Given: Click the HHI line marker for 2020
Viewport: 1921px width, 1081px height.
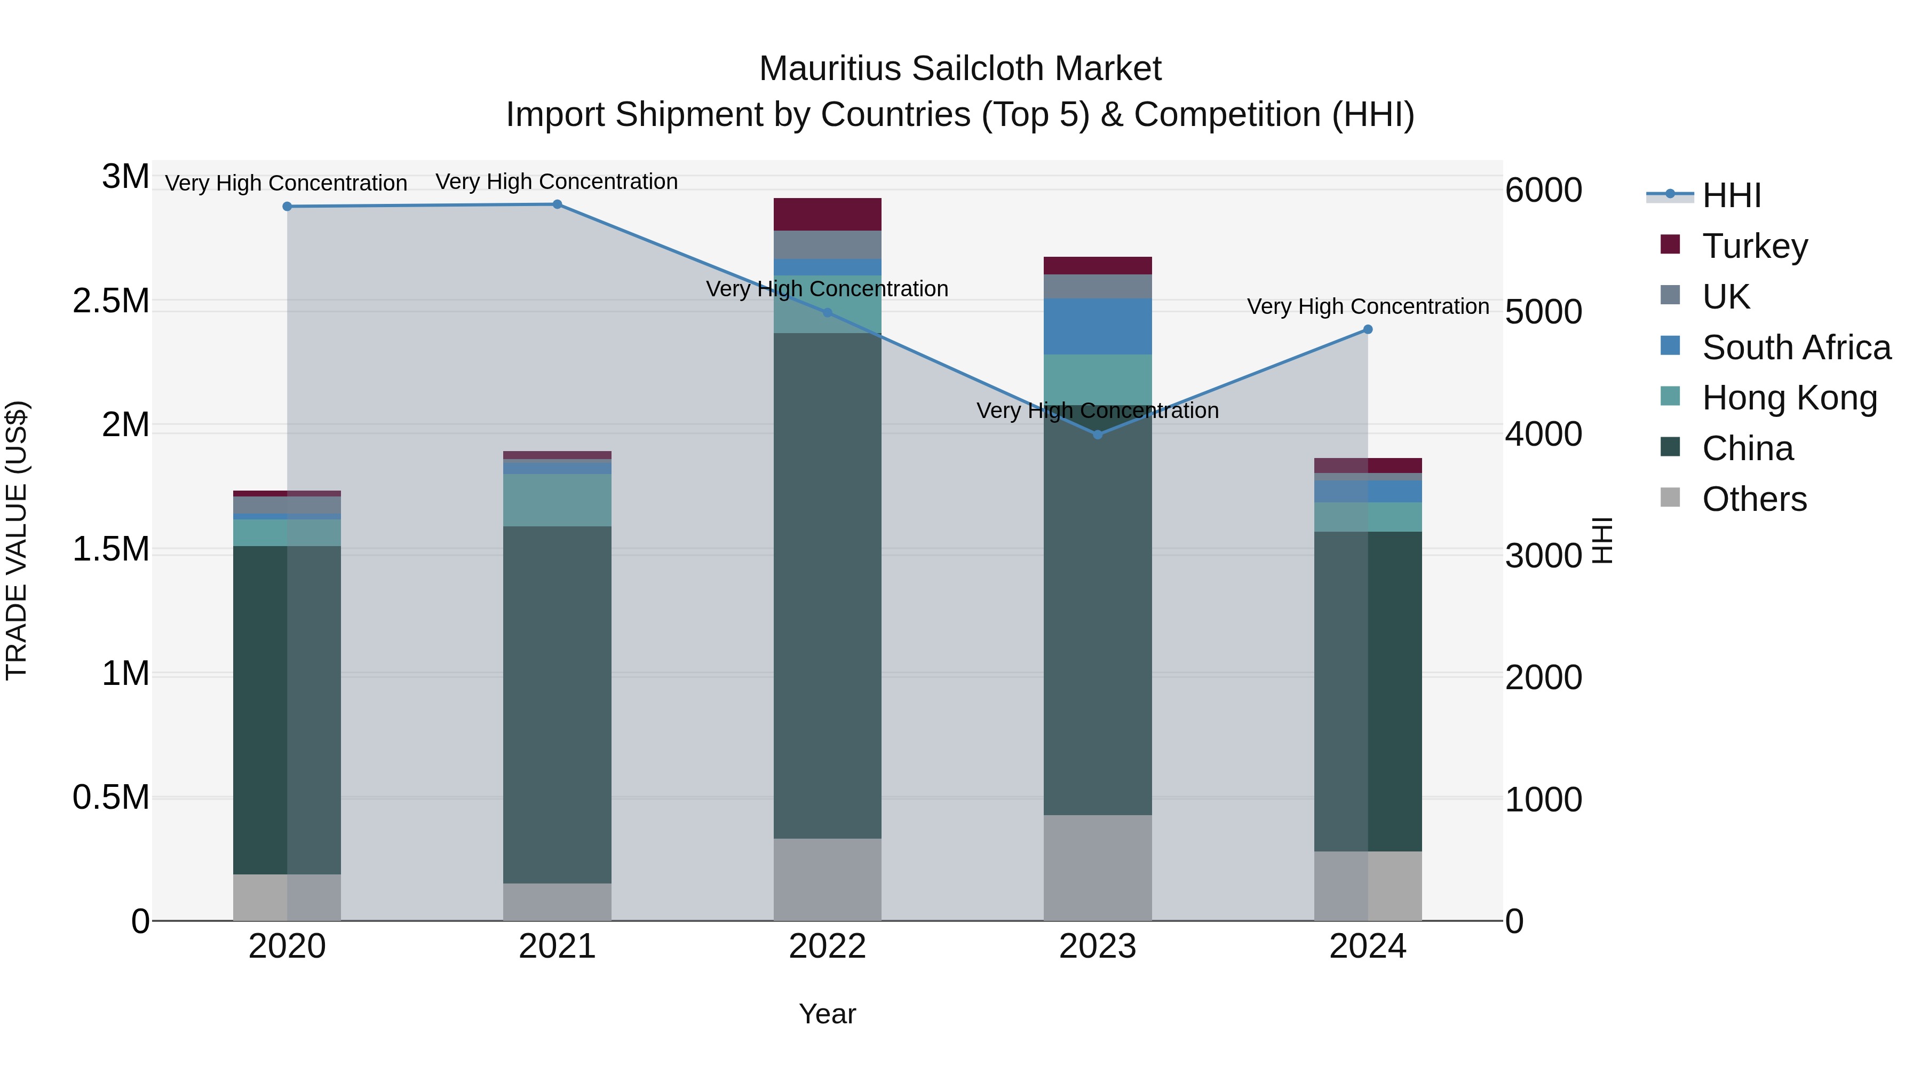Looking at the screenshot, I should pyautogui.click(x=287, y=207).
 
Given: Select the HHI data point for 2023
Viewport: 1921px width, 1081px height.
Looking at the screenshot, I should pyautogui.click(x=1098, y=434).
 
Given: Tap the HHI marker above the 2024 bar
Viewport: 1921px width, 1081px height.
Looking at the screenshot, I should pyautogui.click(x=1368, y=329).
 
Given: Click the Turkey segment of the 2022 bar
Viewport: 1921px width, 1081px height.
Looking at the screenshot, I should pyautogui.click(x=827, y=214).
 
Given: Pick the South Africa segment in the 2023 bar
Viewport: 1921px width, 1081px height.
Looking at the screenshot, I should pyautogui.click(x=1098, y=326).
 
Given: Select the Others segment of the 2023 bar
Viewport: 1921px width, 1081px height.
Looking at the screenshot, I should pyautogui.click(x=1098, y=867).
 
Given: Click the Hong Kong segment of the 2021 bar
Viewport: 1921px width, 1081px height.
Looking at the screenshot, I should pyautogui.click(x=557, y=500).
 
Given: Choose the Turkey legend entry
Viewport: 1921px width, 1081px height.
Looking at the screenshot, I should pyautogui.click(x=1754, y=246).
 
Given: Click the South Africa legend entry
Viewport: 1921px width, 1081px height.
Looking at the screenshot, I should pyautogui.click(x=1796, y=348).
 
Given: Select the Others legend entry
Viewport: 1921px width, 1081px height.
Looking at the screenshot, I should pyautogui.click(x=1754, y=499).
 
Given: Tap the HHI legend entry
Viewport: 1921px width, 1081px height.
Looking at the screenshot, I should pyautogui.click(x=1730, y=195).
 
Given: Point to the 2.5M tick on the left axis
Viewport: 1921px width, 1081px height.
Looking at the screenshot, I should pyautogui.click(x=110, y=302).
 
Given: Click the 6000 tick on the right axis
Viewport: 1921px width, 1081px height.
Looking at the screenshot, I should pyautogui.click(x=1543, y=190).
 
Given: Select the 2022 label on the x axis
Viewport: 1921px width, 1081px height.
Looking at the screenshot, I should pyautogui.click(x=827, y=946).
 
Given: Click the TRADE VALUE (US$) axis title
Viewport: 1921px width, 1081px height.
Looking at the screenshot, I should pyautogui.click(x=17, y=540).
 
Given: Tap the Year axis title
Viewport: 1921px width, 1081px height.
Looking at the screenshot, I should pyautogui.click(x=827, y=1014).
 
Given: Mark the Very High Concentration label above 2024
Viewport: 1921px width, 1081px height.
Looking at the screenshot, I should pyautogui.click(x=1368, y=306).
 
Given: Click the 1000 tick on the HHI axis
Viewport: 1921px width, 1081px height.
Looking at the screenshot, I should pyautogui.click(x=1543, y=800).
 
